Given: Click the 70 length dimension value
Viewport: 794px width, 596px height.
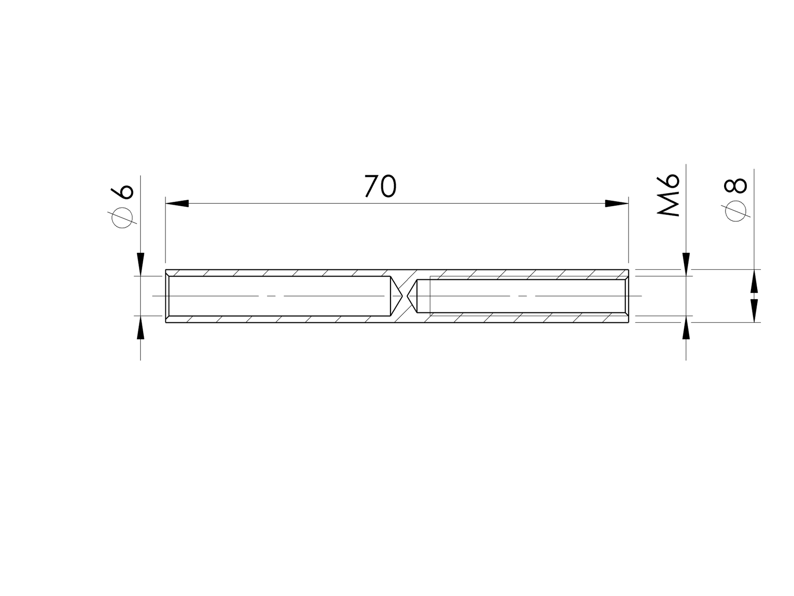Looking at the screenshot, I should click(x=380, y=187).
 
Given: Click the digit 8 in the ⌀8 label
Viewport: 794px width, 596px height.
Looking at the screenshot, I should click(x=737, y=186).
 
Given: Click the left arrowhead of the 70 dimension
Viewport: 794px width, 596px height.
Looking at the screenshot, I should click(x=177, y=203).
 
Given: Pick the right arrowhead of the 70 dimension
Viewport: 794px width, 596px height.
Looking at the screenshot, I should click(x=617, y=203).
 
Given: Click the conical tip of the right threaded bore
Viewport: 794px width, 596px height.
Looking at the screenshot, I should click(x=412, y=296).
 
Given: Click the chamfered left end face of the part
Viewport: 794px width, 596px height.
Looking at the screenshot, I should click(x=167, y=296).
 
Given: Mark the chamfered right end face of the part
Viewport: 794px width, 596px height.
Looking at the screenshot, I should click(x=627, y=296).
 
